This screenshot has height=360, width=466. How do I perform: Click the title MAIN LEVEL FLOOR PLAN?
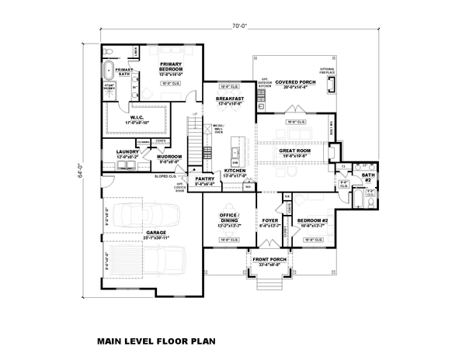[155, 340]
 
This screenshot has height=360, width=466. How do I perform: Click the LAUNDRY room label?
[124, 152]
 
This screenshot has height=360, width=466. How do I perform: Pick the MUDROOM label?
[169, 157]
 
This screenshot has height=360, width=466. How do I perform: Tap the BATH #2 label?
[367, 177]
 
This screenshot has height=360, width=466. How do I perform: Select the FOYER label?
[269, 220]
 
